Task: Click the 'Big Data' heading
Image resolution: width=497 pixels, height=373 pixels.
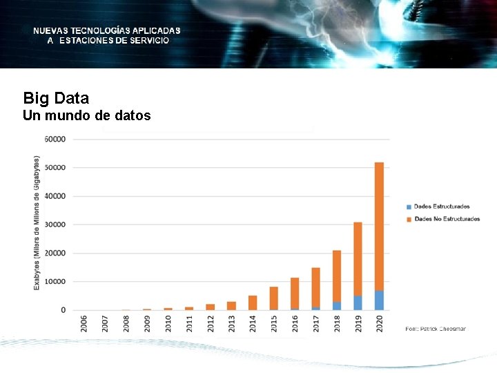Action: [56, 98]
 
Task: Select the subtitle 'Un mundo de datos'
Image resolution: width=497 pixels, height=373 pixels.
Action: [86, 116]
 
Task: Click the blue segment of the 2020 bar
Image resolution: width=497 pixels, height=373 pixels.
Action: [379, 300]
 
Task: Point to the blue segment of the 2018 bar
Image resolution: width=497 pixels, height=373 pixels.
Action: [337, 306]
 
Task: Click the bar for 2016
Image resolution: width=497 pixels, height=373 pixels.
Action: [295, 294]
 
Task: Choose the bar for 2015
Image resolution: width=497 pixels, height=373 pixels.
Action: [273, 298]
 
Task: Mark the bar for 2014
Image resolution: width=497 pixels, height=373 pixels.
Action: [253, 303]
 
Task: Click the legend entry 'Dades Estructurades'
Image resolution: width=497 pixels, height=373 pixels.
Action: [441, 207]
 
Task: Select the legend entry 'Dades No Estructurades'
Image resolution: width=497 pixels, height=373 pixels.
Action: [446, 219]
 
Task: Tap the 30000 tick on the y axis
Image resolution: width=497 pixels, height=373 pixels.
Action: [55, 224]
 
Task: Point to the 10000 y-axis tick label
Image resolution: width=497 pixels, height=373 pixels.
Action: [55, 282]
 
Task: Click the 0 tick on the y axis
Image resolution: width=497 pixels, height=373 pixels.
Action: [63, 310]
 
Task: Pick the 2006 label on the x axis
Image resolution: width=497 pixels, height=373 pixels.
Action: [84, 324]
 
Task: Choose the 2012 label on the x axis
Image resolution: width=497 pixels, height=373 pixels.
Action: [211, 324]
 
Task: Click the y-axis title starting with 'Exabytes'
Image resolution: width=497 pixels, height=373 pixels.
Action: [37, 222]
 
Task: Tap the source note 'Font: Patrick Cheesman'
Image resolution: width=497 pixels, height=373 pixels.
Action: [435, 329]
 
